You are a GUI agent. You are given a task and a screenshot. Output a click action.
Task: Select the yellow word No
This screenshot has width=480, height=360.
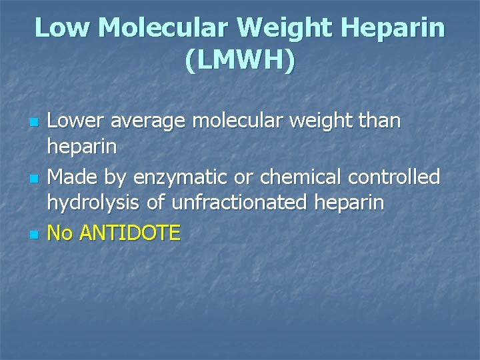(60, 233)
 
